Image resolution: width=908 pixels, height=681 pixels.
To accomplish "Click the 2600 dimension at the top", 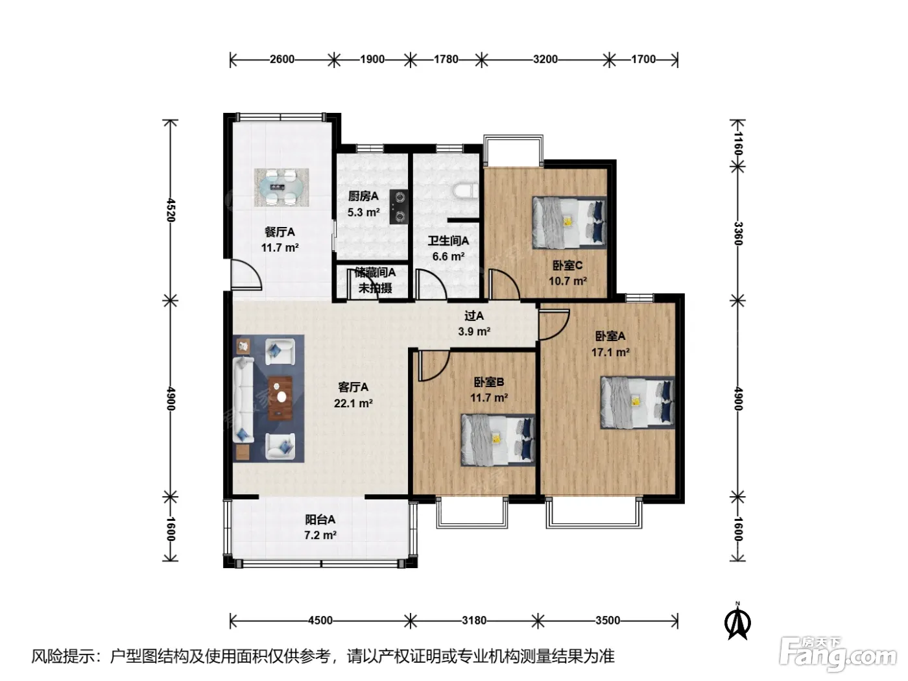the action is point(281,60).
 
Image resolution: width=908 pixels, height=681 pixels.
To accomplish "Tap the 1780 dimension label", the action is point(446,60).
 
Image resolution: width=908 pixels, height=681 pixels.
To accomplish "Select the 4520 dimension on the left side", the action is point(171,210).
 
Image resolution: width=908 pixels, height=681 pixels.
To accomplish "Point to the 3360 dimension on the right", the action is point(738,233).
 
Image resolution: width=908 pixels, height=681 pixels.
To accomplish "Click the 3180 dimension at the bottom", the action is point(474,621).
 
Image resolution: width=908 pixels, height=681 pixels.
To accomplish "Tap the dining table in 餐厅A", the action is point(281,187).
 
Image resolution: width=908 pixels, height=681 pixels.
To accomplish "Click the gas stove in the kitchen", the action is point(399,207).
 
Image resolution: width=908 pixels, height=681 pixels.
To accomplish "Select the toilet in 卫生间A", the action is point(466,191).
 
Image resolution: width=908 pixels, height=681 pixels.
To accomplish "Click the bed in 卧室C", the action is point(569,222).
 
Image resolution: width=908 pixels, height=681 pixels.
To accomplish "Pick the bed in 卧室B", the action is point(498,440).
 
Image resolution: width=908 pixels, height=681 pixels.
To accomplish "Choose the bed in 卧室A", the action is point(638,402).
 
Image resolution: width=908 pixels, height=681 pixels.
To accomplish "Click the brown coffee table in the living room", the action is point(280,398).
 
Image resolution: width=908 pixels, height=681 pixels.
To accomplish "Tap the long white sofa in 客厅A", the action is point(243,400).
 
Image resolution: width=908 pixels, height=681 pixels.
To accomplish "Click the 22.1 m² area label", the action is point(353,403).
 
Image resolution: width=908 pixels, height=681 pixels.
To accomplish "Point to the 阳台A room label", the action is point(320,520).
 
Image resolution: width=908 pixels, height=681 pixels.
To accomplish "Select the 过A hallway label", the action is point(474,316).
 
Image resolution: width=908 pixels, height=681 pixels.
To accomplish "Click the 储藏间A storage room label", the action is point(375,272).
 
